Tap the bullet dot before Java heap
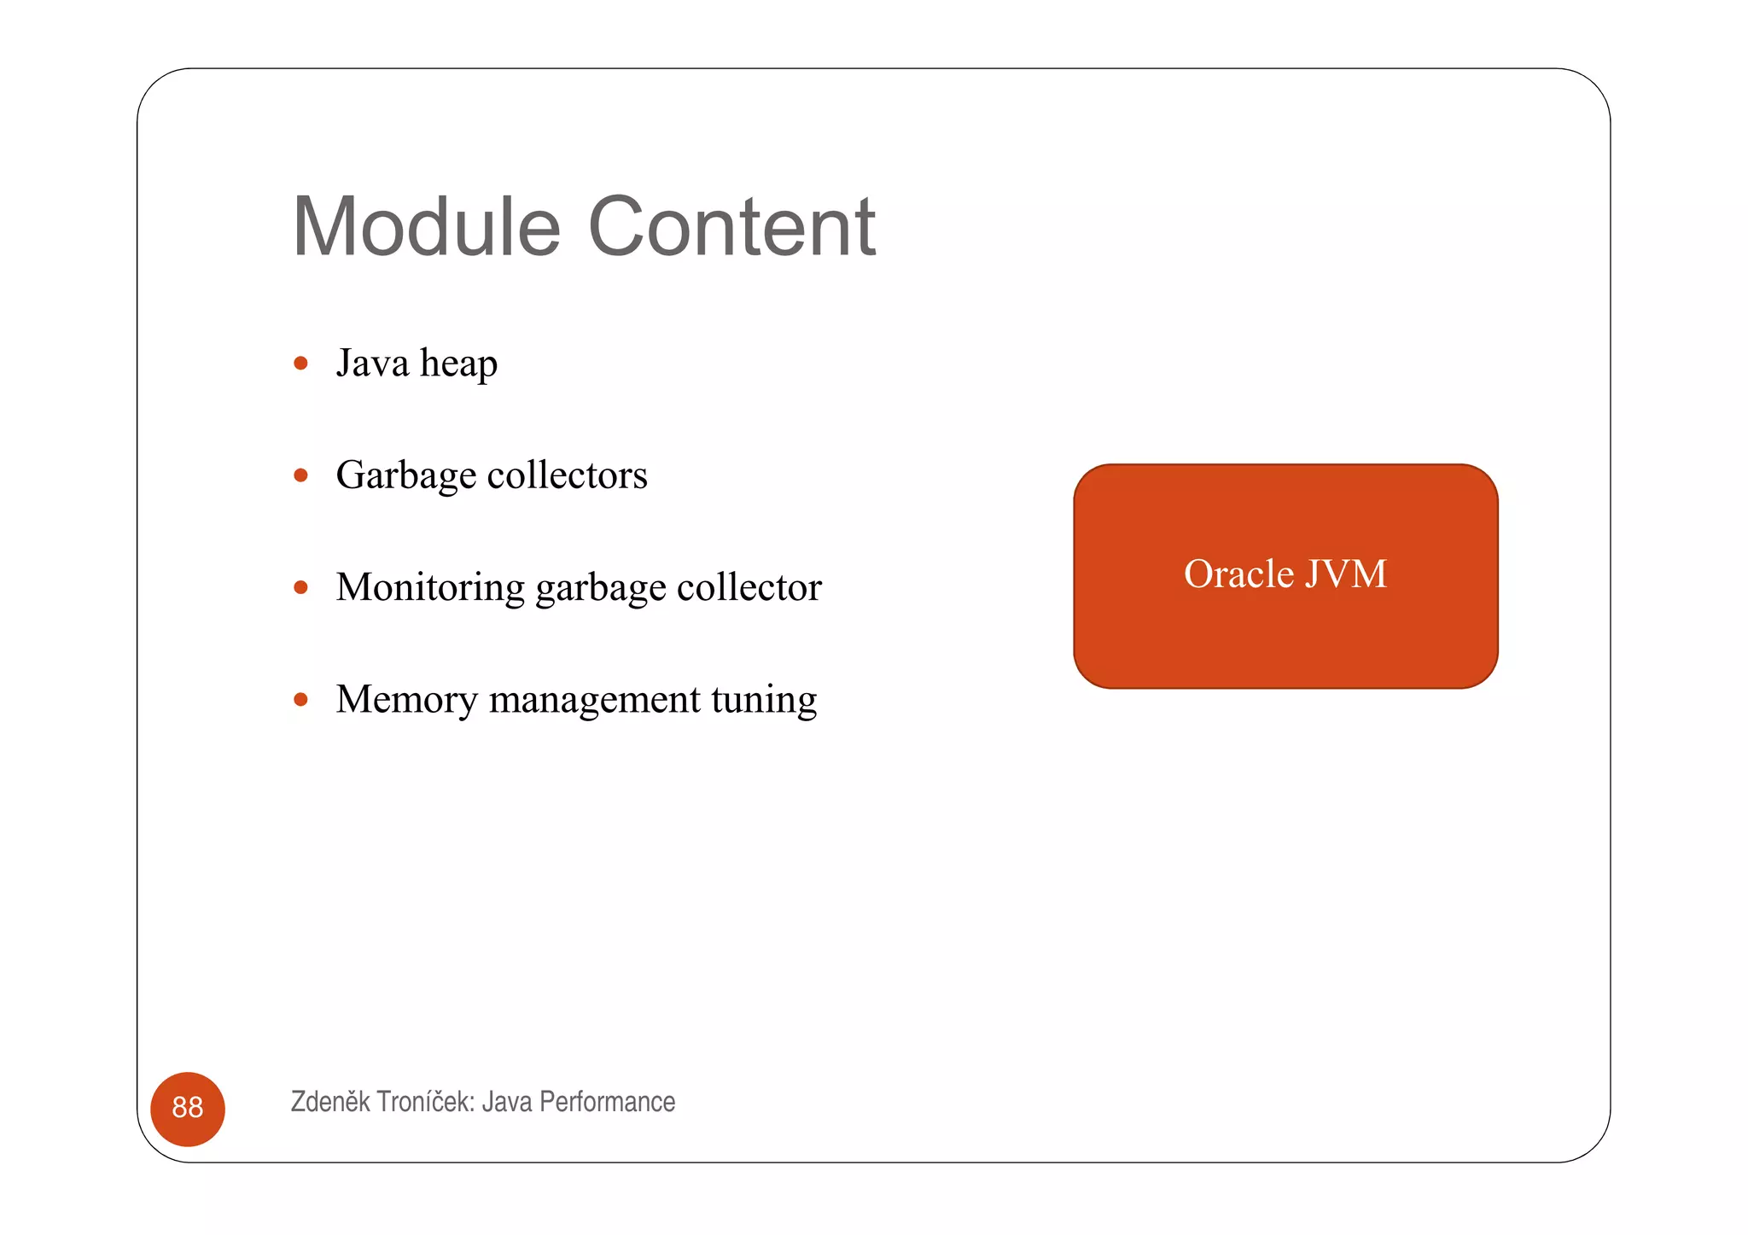pyautogui.click(x=300, y=364)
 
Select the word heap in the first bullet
pyautogui.click(x=458, y=364)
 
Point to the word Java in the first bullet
pyautogui.click(x=372, y=363)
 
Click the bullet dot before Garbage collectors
pyautogui.click(x=300, y=475)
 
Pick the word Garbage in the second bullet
pyautogui.click(x=405, y=476)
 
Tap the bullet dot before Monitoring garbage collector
pyautogui.click(x=300, y=587)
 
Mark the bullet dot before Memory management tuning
pyautogui.click(x=300, y=700)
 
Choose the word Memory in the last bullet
pyautogui.click(x=406, y=701)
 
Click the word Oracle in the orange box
pyautogui.click(x=1238, y=574)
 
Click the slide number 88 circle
pyautogui.click(x=188, y=1108)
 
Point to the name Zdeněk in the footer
pyautogui.click(x=329, y=1102)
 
